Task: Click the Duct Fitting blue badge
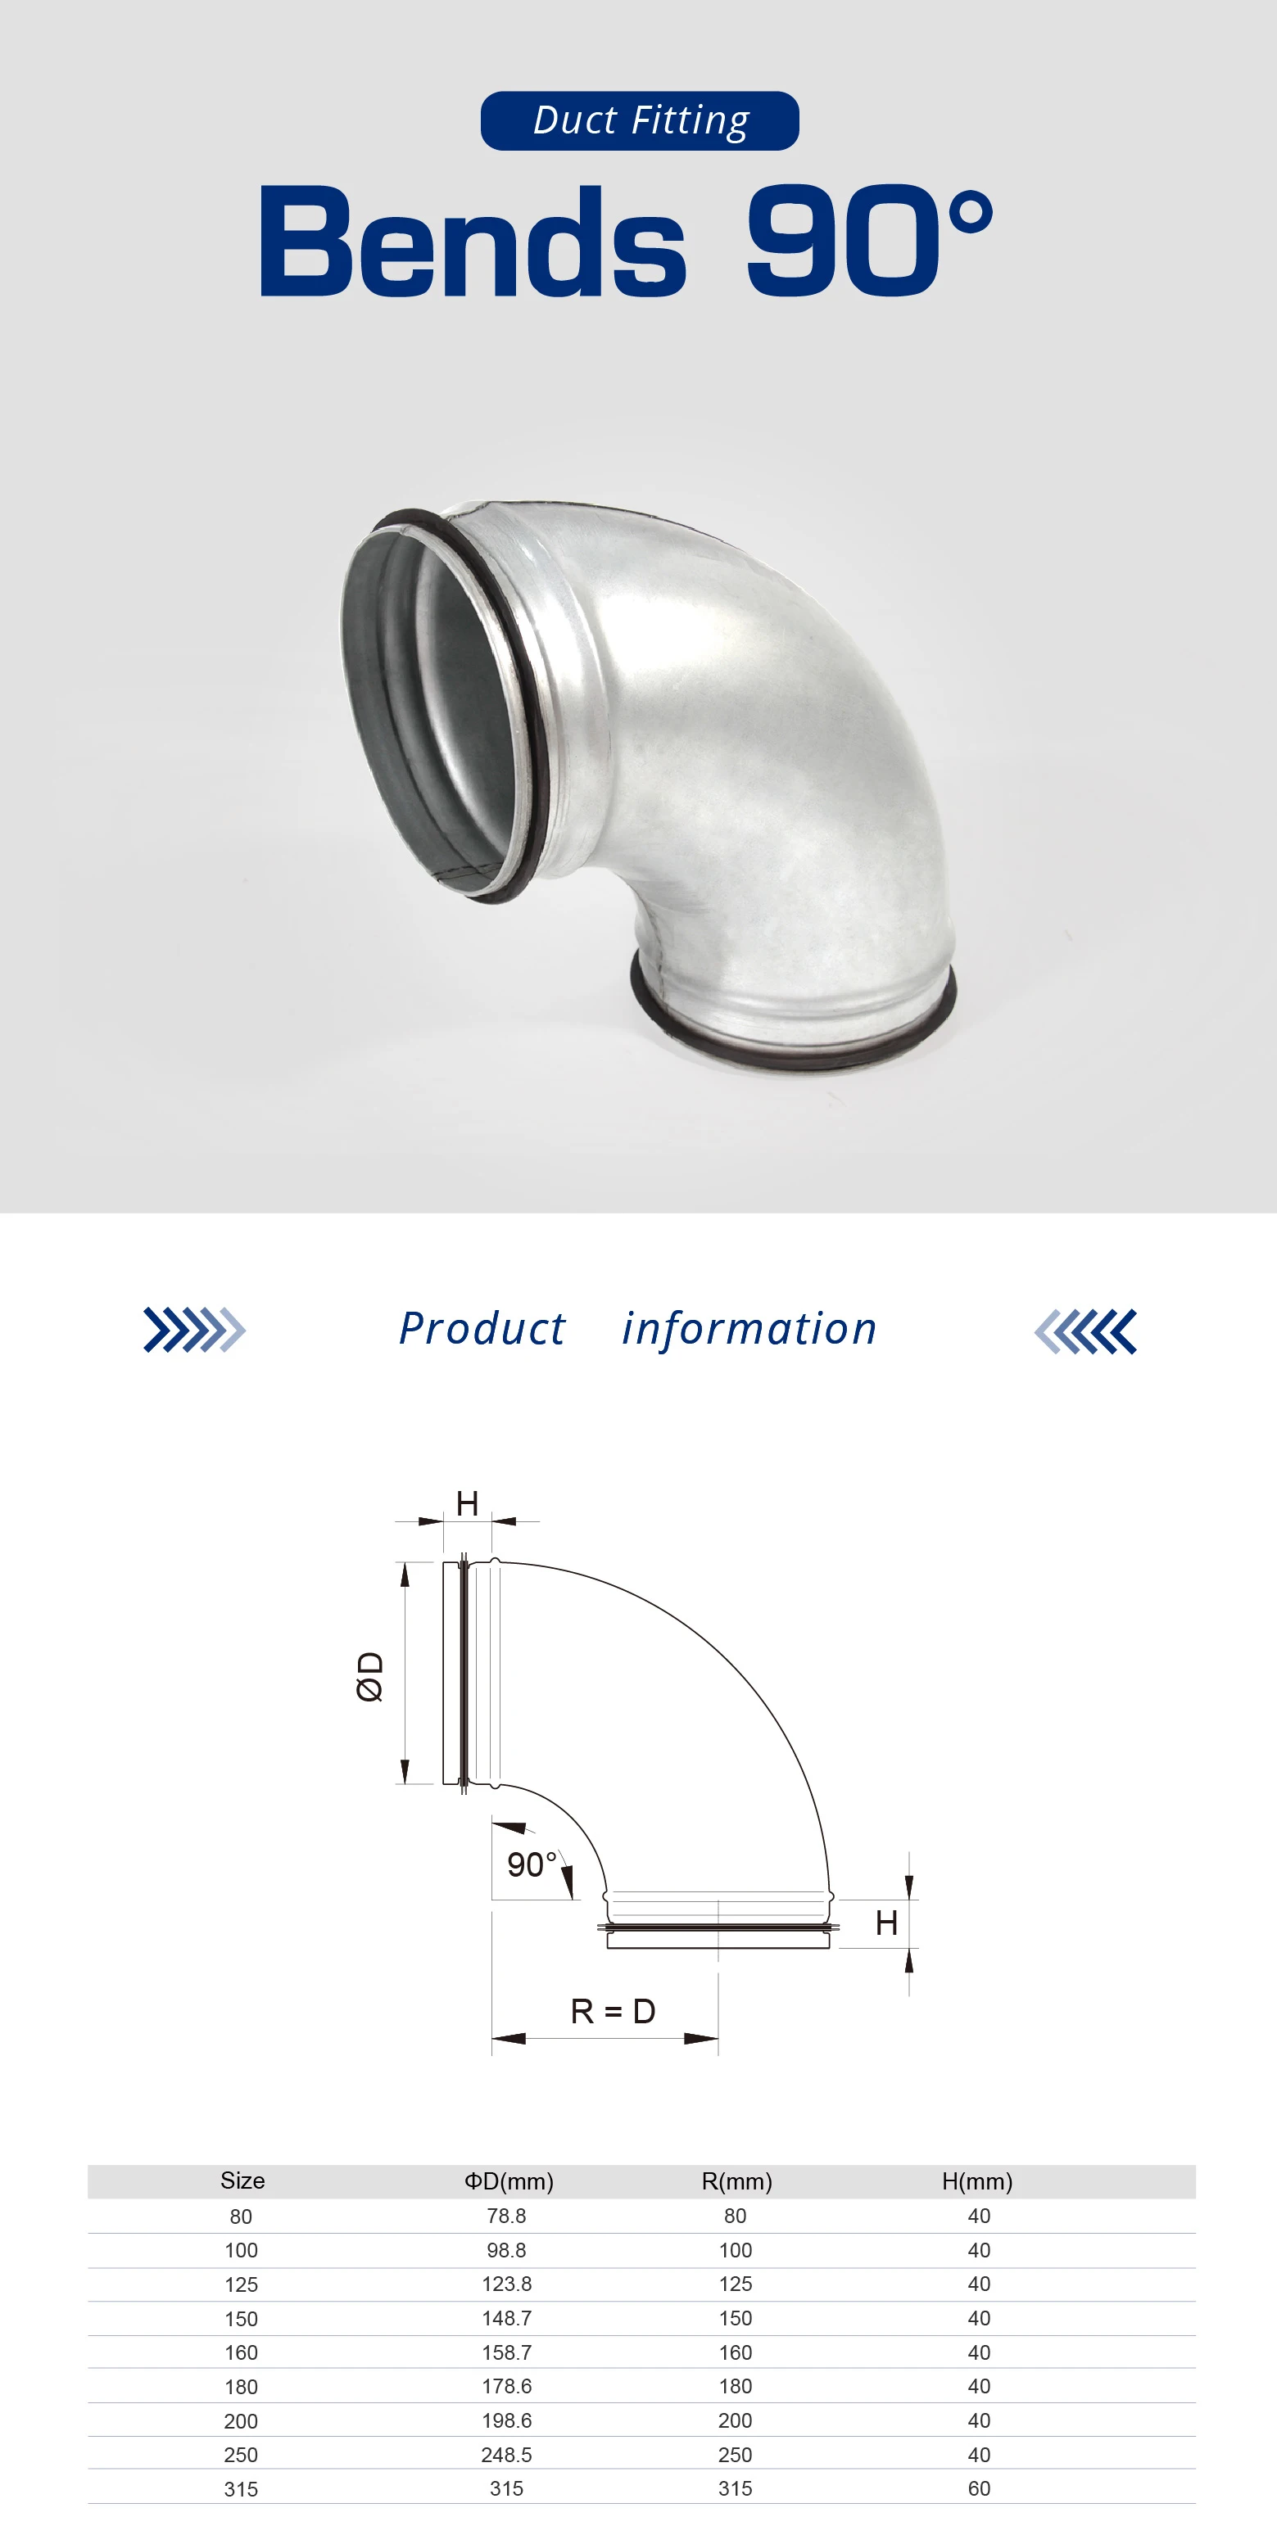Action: [640, 120]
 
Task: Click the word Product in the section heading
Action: [482, 1330]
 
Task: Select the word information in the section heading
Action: [749, 1330]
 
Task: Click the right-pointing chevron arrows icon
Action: [194, 1331]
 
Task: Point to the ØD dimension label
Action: [369, 1676]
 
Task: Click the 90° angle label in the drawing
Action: [532, 1864]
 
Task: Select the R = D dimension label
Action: [613, 2011]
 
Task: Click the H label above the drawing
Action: [467, 1503]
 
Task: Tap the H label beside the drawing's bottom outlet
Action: [885, 1923]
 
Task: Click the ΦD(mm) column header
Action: [508, 2180]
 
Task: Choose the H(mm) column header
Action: [977, 2180]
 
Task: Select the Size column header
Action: [242, 2180]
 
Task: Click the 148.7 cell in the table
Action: [507, 2318]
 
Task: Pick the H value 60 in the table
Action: [979, 2488]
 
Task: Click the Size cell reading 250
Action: [242, 2455]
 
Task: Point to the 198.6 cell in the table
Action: [507, 2420]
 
